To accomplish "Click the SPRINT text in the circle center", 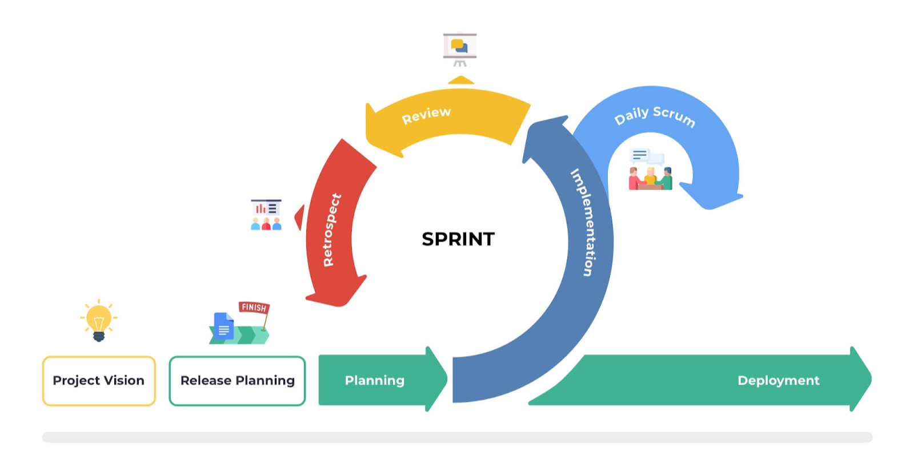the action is [x=458, y=239].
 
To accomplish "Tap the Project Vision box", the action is [x=99, y=381].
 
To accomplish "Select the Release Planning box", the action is [x=237, y=381].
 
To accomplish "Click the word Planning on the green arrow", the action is [x=375, y=380].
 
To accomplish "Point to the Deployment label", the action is [x=779, y=380].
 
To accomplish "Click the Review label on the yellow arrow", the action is [x=426, y=115].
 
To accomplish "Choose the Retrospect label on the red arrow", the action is [x=332, y=231].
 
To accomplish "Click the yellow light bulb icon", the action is [x=99, y=320].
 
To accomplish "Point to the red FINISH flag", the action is [x=254, y=308].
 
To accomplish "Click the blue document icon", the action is [x=223, y=326].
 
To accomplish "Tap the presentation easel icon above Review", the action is [x=460, y=49].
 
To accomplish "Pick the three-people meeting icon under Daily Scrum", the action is [x=651, y=170].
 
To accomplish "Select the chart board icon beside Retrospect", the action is [x=266, y=215].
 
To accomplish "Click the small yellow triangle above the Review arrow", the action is [x=460, y=80].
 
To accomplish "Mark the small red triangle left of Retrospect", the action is [x=300, y=217].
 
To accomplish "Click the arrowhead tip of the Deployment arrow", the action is [x=872, y=380].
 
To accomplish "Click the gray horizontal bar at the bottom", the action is [x=457, y=437].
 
